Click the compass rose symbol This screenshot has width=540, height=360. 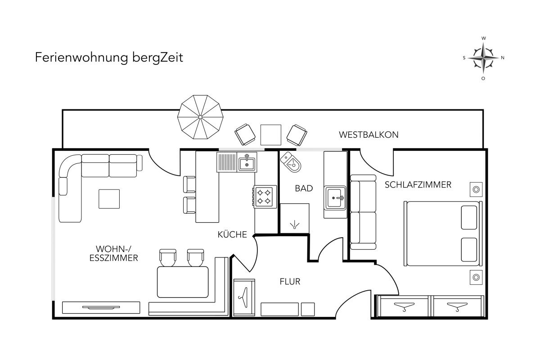[x=483, y=58]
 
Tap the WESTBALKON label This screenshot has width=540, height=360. [x=369, y=135]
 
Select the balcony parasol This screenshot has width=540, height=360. [x=200, y=117]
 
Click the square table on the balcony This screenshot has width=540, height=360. [x=271, y=135]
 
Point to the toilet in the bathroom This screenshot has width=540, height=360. [x=291, y=162]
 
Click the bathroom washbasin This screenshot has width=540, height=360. [x=335, y=198]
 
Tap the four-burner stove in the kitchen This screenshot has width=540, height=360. [x=265, y=197]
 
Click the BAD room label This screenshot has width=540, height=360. [x=304, y=188]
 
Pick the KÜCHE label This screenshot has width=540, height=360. [x=232, y=234]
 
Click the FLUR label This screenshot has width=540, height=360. [x=290, y=282]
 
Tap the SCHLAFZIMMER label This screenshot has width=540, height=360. [x=418, y=184]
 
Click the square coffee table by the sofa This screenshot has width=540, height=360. [x=109, y=199]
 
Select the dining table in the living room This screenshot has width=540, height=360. [x=183, y=282]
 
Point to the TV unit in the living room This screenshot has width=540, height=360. [x=101, y=307]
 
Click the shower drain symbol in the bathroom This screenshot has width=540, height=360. [x=294, y=225]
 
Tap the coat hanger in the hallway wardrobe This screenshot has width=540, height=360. [x=243, y=297]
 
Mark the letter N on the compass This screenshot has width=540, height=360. [x=503, y=58]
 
